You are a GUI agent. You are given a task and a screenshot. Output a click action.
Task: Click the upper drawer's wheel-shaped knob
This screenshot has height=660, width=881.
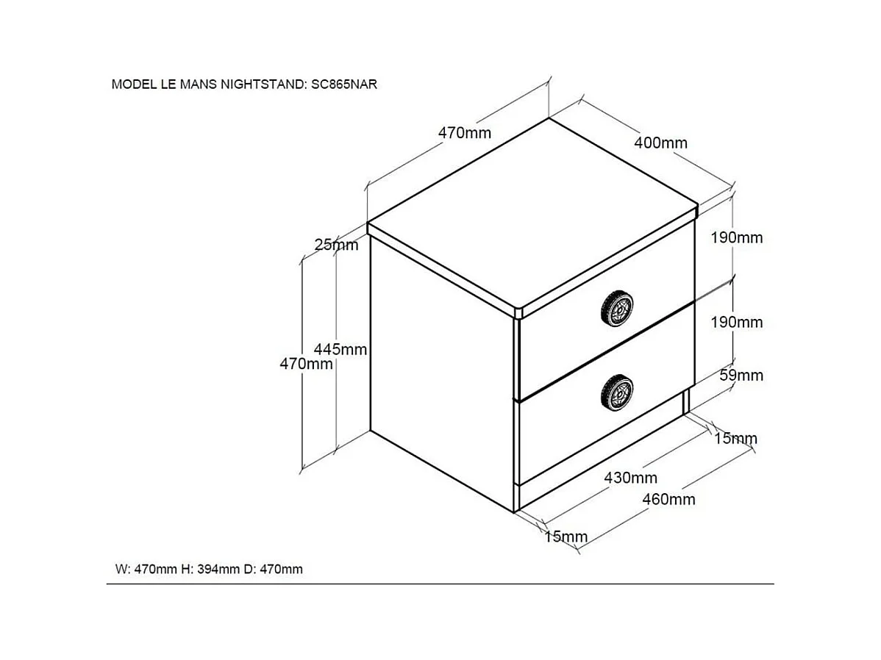616,309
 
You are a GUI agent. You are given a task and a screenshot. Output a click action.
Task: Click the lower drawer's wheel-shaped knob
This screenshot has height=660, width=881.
616,392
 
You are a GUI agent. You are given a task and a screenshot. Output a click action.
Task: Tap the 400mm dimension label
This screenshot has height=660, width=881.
660,143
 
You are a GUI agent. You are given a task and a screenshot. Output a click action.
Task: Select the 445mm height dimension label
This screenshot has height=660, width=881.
340,349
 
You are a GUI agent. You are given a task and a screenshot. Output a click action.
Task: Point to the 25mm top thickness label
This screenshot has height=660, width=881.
336,244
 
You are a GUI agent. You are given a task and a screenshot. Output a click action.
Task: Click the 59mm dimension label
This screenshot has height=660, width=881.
741,375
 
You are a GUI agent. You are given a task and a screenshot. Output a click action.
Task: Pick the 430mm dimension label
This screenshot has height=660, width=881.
630,478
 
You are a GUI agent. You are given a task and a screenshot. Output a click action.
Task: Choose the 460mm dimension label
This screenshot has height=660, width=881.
668,499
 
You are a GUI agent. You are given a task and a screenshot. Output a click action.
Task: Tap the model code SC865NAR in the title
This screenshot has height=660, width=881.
344,85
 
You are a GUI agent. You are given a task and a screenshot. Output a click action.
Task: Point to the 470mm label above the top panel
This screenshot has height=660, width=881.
464,132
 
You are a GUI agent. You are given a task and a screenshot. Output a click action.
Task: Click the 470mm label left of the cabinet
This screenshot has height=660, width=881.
306,363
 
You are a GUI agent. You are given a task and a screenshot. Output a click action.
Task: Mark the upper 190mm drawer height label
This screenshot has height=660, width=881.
737,237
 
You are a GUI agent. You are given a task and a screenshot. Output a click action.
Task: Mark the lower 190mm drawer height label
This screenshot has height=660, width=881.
737,322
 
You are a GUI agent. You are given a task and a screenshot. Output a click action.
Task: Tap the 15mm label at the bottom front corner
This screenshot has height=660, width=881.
566,537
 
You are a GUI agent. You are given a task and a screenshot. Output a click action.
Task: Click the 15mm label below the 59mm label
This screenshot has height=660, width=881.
735,437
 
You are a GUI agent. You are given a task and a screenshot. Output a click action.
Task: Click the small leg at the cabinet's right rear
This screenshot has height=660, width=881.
686,401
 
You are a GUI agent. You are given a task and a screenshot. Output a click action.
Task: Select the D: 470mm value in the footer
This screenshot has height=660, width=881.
273,569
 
